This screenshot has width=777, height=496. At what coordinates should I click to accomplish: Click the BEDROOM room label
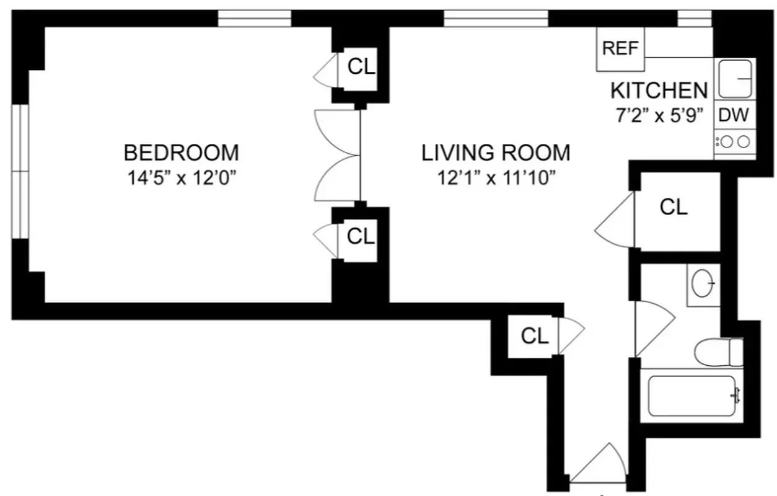(x=181, y=152)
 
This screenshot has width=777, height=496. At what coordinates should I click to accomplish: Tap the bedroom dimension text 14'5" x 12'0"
(x=181, y=178)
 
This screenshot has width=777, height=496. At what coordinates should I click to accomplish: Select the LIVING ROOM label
(x=496, y=152)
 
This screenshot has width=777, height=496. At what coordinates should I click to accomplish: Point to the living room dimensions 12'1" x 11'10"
(x=496, y=178)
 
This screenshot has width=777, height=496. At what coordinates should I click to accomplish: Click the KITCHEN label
(x=659, y=91)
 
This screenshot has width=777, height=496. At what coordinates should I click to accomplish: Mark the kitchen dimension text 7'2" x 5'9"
(x=659, y=116)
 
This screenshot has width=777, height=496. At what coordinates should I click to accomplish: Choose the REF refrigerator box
(x=620, y=49)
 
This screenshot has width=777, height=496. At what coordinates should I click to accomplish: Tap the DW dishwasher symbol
(x=734, y=115)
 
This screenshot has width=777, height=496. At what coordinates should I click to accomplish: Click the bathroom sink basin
(x=704, y=285)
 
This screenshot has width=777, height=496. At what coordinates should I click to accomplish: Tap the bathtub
(x=693, y=396)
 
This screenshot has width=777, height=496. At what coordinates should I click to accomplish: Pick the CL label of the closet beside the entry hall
(x=534, y=336)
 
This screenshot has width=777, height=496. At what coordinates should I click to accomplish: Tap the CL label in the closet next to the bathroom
(x=674, y=207)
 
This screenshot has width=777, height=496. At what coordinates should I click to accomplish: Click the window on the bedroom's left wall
(x=20, y=172)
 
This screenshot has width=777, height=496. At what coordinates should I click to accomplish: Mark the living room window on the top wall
(x=496, y=19)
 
